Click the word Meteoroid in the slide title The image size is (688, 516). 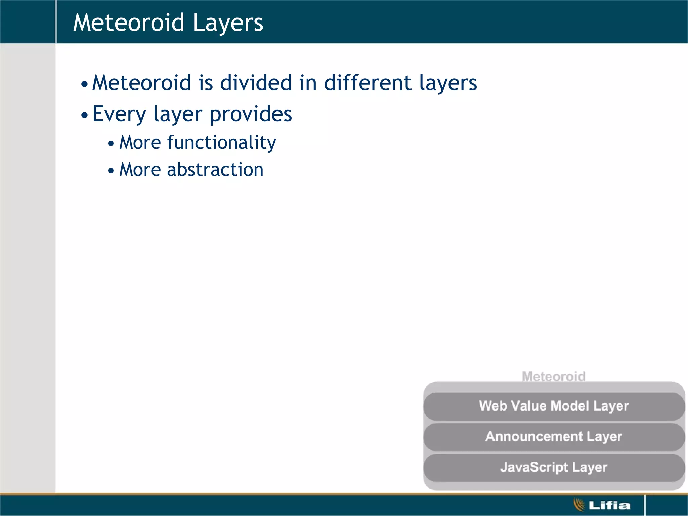pos(129,23)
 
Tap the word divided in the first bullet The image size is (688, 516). pos(256,83)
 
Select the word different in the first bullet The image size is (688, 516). pos(368,83)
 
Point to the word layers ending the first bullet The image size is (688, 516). pos(448,83)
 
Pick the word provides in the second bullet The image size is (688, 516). pos(251,114)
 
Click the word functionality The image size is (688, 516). pos(221,143)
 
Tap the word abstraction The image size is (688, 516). pos(215,170)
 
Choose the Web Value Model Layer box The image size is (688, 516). pos(554,406)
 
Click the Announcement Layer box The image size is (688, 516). pos(554,437)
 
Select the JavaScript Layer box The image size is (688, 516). pos(554,467)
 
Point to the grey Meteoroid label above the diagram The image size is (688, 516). pos(554,376)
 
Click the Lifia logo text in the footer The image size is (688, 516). pos(609,505)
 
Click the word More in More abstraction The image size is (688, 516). pos(140,170)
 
